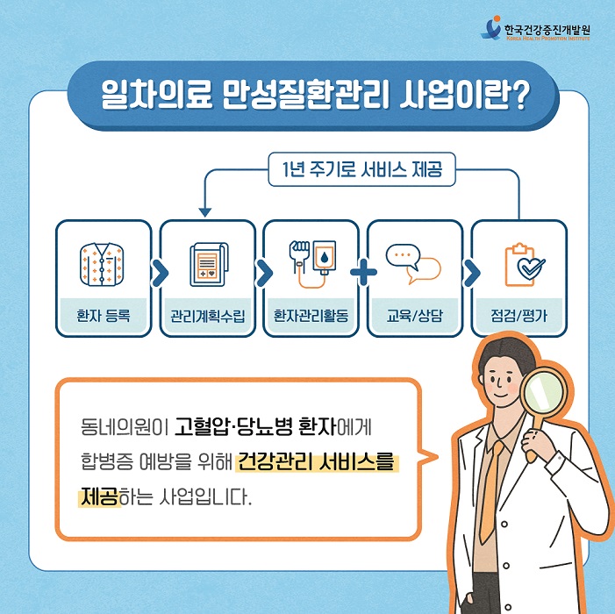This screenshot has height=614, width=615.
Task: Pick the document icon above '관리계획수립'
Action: point(208,263)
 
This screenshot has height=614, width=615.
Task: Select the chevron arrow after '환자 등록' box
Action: point(160,274)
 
